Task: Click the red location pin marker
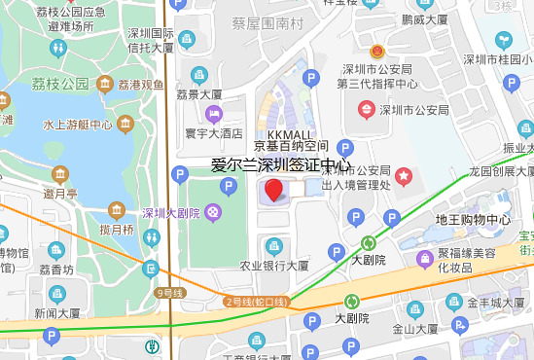[274, 190]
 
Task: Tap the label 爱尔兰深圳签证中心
[281, 164]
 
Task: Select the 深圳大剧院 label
[169, 213]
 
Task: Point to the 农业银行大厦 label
[274, 265]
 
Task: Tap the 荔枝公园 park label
[60, 85]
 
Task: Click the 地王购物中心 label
[473, 219]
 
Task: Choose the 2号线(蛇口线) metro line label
[257, 302]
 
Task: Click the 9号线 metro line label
[169, 292]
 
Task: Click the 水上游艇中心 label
[78, 125]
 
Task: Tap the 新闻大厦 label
[57, 313]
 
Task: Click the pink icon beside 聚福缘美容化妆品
[425, 259]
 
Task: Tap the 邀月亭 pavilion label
[59, 194]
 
